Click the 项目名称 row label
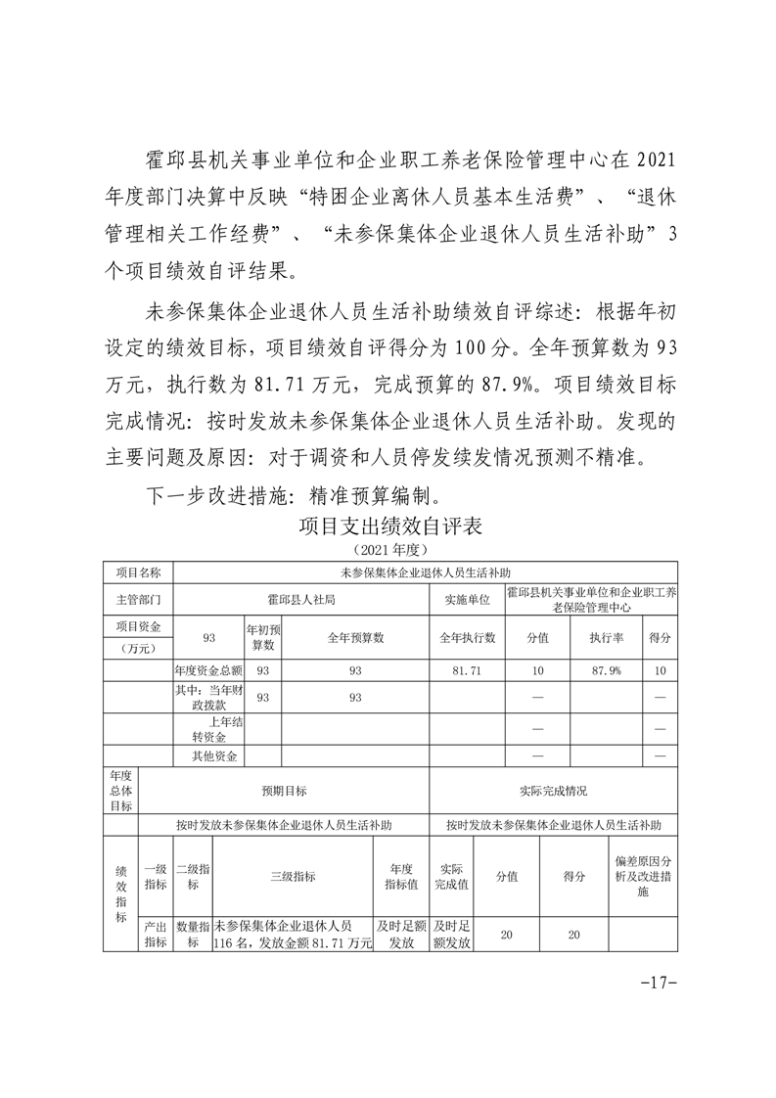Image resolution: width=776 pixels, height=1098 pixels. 137,572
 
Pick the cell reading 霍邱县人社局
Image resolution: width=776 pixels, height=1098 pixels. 301,599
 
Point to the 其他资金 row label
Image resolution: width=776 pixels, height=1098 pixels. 207,755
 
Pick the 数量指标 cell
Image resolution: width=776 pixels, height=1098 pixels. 193,935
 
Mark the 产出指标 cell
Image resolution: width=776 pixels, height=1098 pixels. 156,935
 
